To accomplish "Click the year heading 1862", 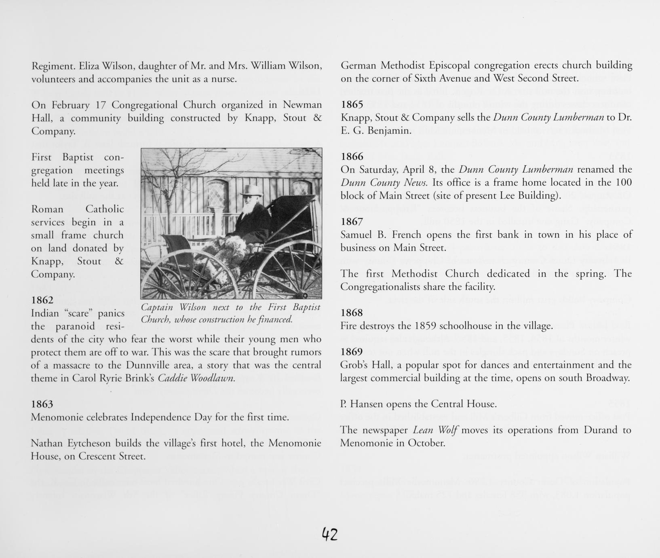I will [x=42, y=300].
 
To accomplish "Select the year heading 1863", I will [x=42, y=404].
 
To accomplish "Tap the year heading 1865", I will [x=352, y=104].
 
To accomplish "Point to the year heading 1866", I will [x=352, y=156].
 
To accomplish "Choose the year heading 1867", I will [x=352, y=222].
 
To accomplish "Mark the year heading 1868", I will [x=352, y=313].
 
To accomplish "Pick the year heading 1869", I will [x=352, y=352].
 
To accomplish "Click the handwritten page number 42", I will [x=329, y=535].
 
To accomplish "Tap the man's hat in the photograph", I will [x=251, y=190].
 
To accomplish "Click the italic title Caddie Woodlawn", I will [x=196, y=378].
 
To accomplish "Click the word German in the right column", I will [x=358, y=65].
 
